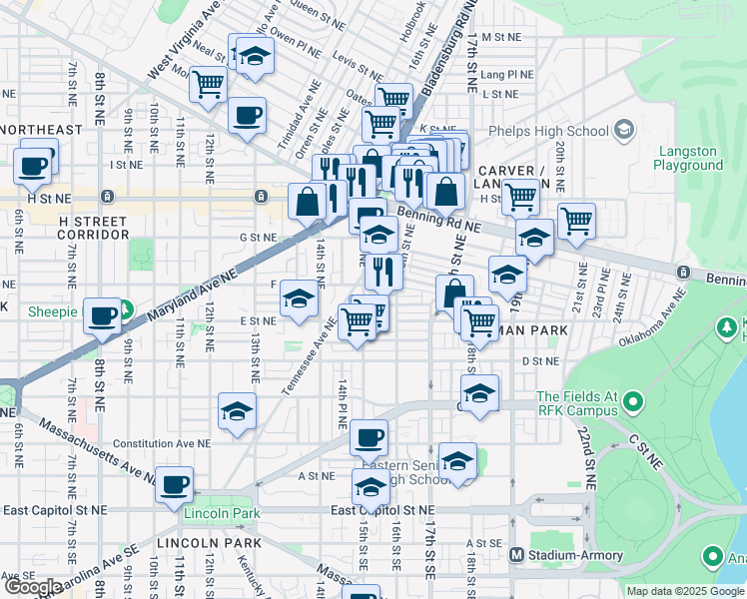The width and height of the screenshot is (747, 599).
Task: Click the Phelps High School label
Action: coord(548,131)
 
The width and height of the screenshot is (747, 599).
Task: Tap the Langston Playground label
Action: coord(688,158)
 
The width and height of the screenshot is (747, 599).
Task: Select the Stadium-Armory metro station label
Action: coord(568,554)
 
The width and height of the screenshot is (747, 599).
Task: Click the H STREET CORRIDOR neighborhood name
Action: coord(93,228)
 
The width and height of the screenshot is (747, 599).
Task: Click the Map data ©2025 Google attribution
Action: coord(685,591)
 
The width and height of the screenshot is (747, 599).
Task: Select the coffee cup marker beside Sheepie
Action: coord(102,315)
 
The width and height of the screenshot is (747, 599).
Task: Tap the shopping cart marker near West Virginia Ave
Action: coord(208,84)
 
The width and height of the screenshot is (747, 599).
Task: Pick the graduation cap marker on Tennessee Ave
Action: coord(299,299)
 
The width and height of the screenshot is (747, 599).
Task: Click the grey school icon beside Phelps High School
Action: coord(624,130)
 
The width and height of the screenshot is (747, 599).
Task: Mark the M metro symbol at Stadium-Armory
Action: coord(517,554)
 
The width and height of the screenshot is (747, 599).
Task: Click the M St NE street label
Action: coord(500,36)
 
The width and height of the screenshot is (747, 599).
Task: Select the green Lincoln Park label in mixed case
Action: coord(222,513)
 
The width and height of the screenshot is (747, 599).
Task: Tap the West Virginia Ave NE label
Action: coord(186,42)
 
